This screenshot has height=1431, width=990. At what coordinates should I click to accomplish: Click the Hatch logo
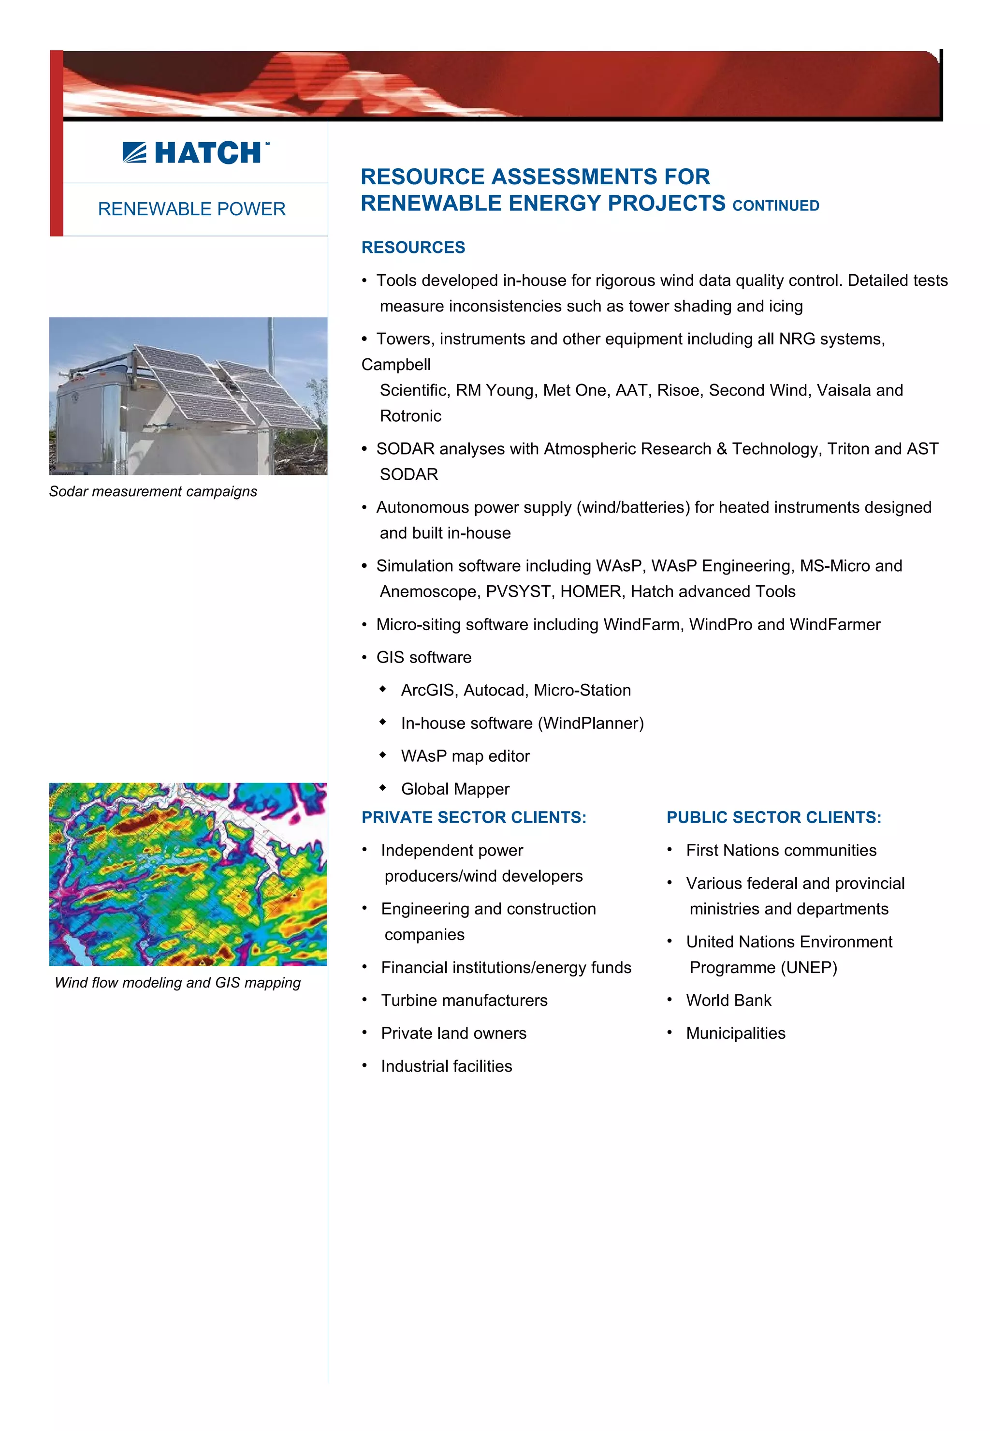pyautogui.click(x=195, y=153)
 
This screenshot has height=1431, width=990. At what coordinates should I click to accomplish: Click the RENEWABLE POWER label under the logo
pyautogui.click(x=192, y=209)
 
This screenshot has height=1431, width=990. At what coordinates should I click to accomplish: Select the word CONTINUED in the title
pyautogui.click(x=775, y=206)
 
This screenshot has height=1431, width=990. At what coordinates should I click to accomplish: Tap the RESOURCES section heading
pyautogui.click(x=413, y=248)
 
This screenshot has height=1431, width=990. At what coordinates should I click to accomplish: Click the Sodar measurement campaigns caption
pyautogui.click(x=153, y=491)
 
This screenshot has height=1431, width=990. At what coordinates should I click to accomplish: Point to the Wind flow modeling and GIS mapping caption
pyautogui.click(x=177, y=982)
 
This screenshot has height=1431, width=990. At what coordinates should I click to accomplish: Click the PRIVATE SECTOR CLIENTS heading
pyautogui.click(x=474, y=817)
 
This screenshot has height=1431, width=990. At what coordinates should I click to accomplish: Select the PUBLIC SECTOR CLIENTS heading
pyautogui.click(x=773, y=817)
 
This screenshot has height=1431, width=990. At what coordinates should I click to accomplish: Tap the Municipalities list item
pyautogui.click(x=736, y=1033)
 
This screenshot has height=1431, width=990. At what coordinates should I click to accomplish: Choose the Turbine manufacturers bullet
pyautogui.click(x=464, y=1000)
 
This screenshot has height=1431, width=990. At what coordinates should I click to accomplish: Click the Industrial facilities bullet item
pyautogui.click(x=447, y=1066)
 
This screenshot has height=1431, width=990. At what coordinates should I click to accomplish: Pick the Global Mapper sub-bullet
pyautogui.click(x=455, y=789)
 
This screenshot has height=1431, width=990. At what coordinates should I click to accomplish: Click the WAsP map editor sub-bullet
pyautogui.click(x=465, y=756)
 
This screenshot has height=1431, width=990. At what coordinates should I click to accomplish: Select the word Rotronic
pyautogui.click(x=410, y=416)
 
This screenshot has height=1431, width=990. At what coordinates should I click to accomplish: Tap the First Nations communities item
pyautogui.click(x=781, y=850)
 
